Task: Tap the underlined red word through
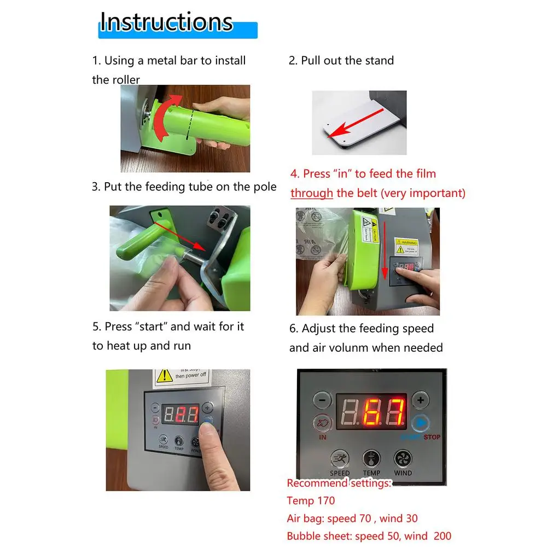pyautogui.click(x=311, y=193)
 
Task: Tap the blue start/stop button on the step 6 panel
pyautogui.click(x=420, y=424)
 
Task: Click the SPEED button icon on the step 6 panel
pyautogui.click(x=340, y=458)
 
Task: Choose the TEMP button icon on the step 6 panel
pyautogui.click(x=371, y=458)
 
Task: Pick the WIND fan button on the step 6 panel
pyautogui.click(x=403, y=458)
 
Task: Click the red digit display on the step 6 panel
pyautogui.click(x=371, y=411)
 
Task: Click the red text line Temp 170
pyautogui.click(x=311, y=501)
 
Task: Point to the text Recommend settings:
pyautogui.click(x=339, y=483)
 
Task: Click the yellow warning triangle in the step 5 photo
pyautogui.click(x=164, y=375)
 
